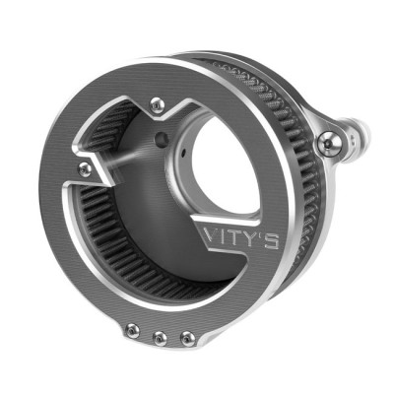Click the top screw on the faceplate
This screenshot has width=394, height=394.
pyautogui.click(x=157, y=101)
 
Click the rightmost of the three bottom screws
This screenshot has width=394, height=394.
pyautogui.click(x=187, y=338)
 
